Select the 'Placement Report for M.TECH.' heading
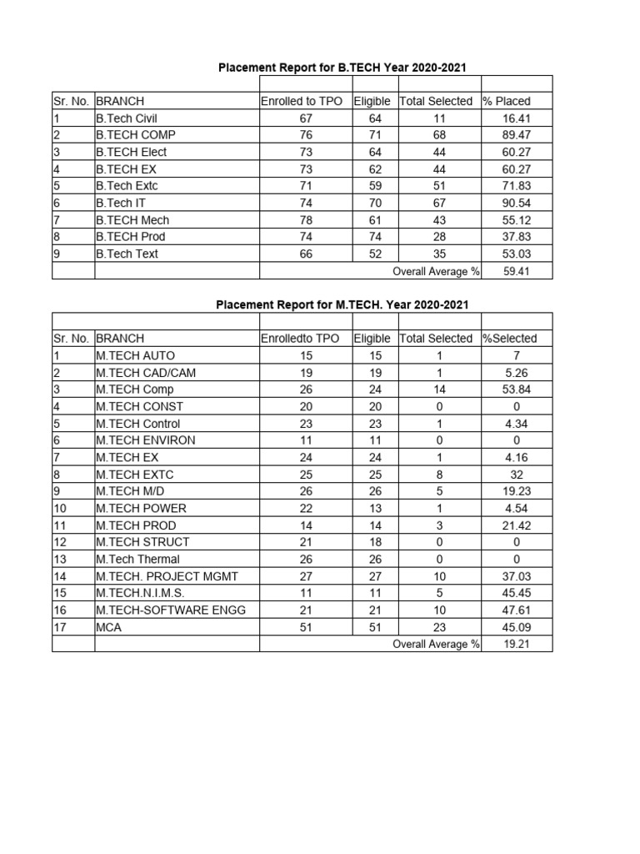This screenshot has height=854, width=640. coord(342,304)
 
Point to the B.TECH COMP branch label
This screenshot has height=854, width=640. coord(135,134)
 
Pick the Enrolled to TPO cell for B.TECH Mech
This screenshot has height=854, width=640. coord(306,220)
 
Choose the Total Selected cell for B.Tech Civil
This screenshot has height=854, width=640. coord(439,118)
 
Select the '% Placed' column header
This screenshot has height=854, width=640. coord(507,101)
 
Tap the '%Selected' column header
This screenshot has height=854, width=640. coord(510,339)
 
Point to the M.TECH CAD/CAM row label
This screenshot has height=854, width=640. coord(146,373)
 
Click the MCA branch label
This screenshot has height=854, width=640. coord(108,627)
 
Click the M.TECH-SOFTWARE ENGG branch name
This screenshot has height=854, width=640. coord(171,610)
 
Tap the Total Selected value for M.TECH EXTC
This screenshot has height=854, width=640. coord(439,475)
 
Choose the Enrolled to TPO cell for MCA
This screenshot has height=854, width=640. coord(306,627)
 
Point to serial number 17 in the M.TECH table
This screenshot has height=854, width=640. coord(59,627)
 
